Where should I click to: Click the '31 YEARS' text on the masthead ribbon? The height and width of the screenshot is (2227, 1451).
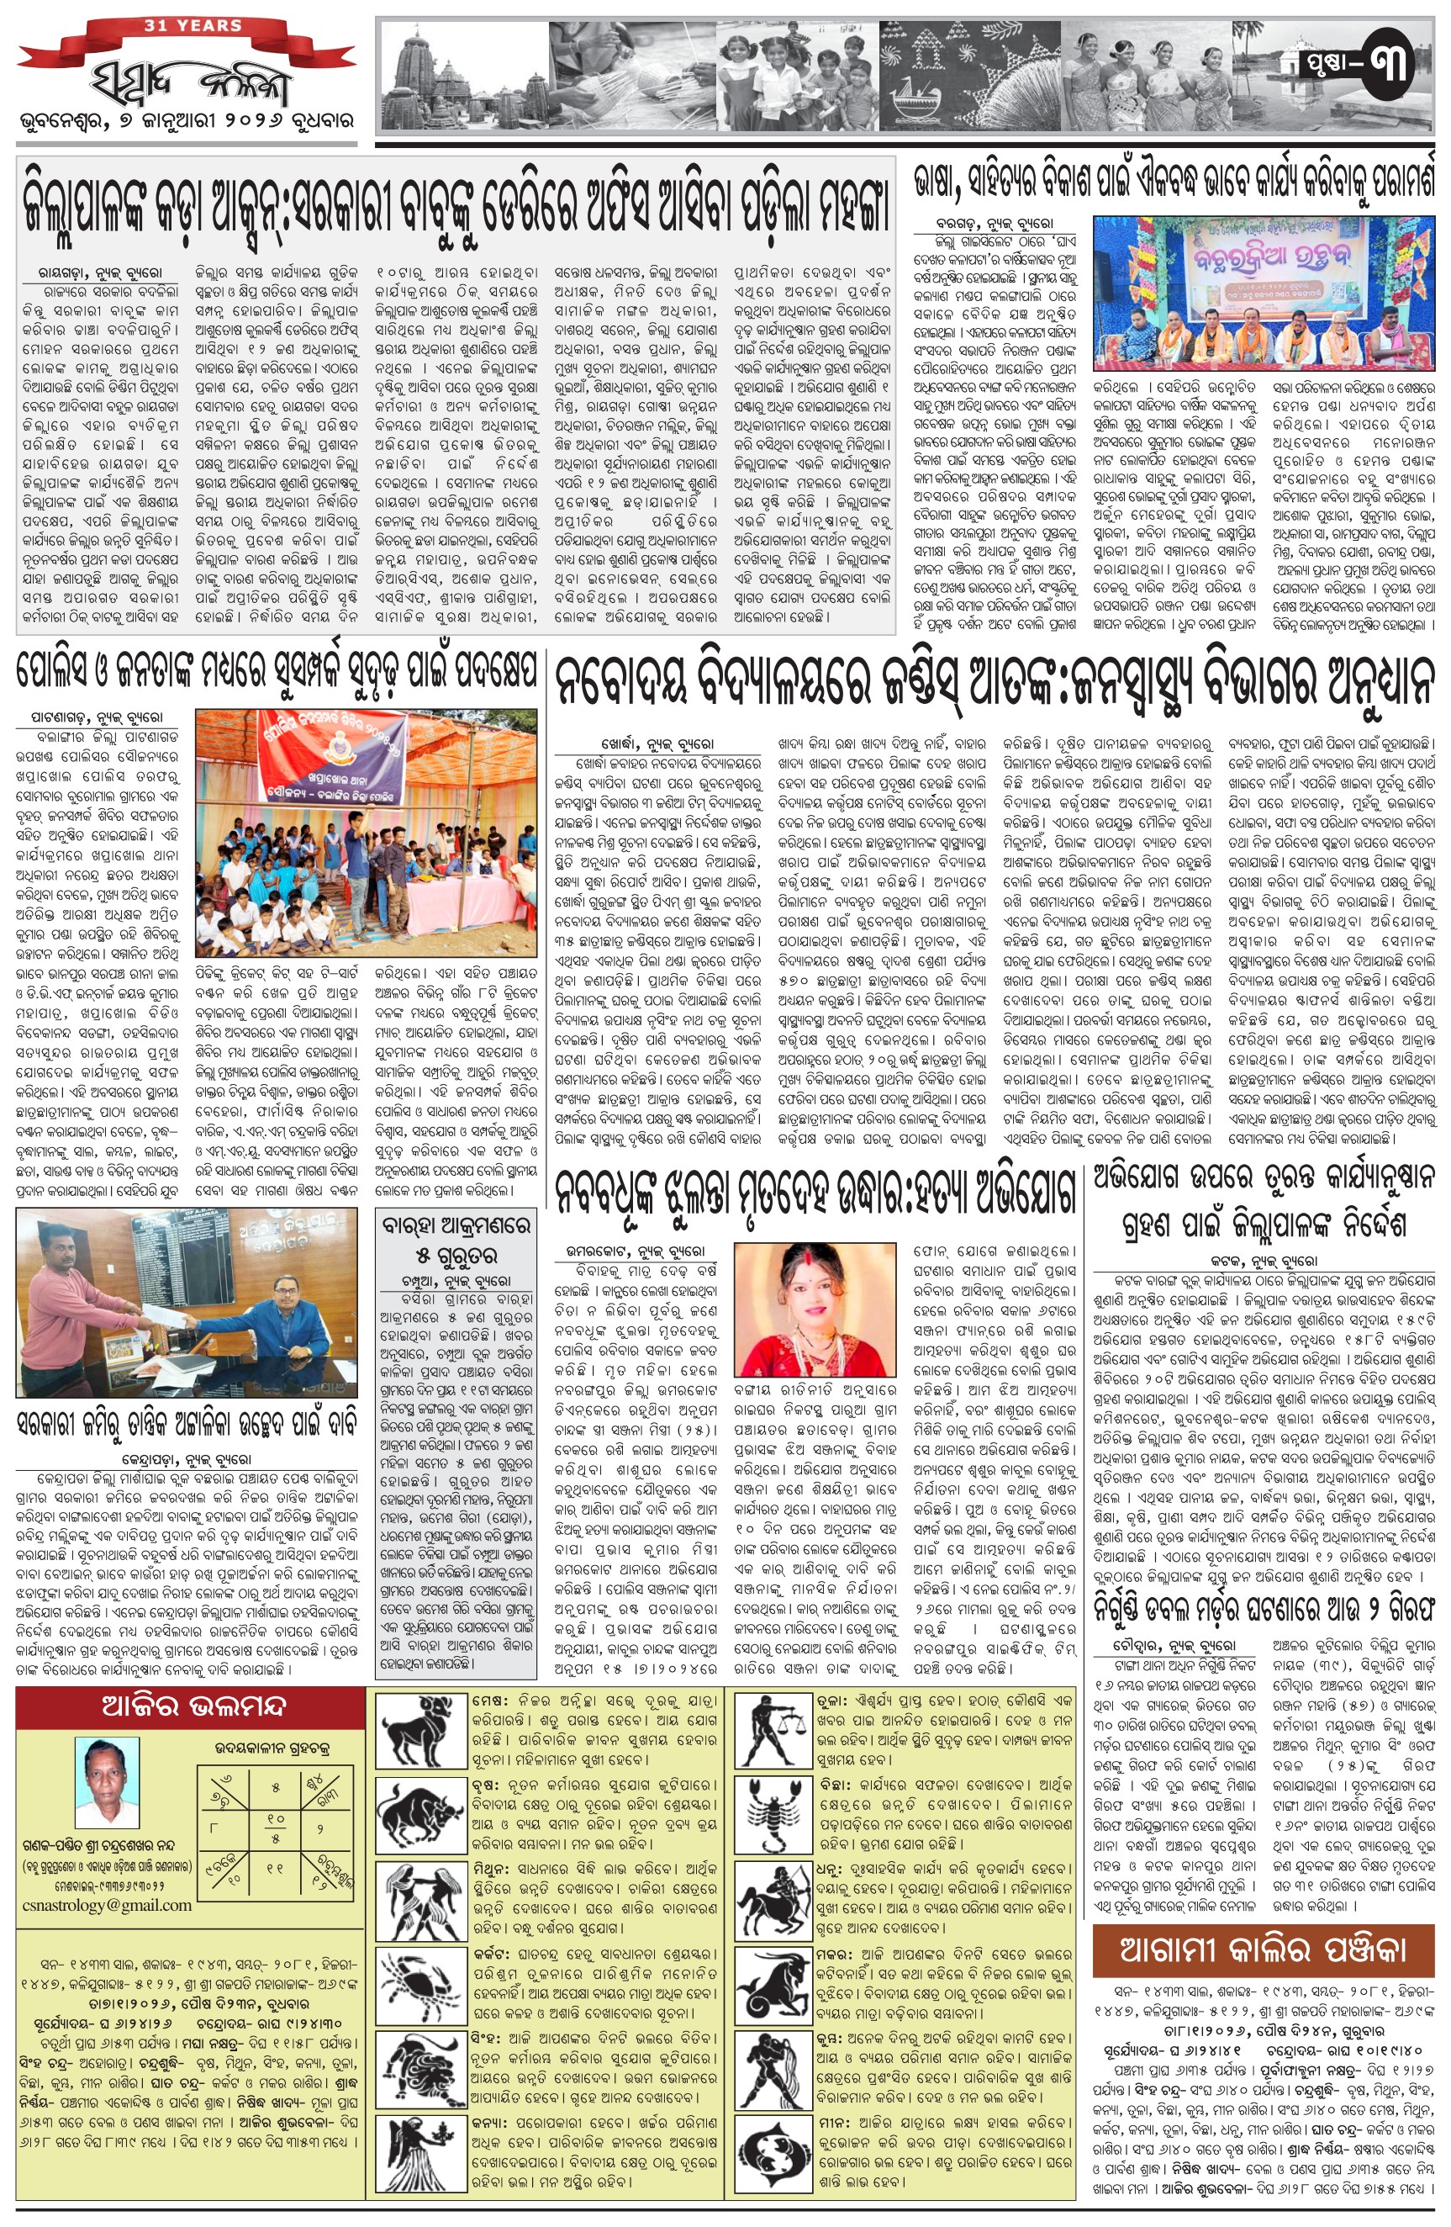tap(193, 25)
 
